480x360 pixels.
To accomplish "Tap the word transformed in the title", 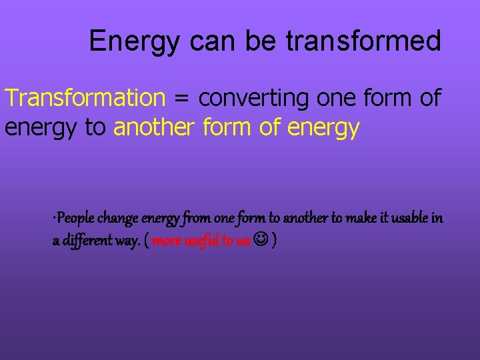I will click(363, 41).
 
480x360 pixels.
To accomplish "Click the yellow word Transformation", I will click(85, 98).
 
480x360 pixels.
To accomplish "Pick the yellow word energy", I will click(323, 127).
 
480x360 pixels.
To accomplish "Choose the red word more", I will click(167, 241).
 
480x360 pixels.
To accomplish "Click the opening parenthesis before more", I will click(146, 241).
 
